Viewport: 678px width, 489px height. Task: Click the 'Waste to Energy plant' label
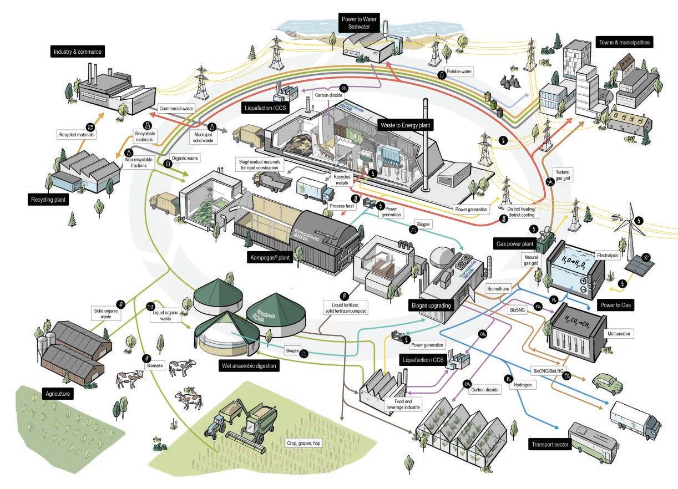406,126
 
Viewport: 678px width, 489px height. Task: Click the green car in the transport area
607,383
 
